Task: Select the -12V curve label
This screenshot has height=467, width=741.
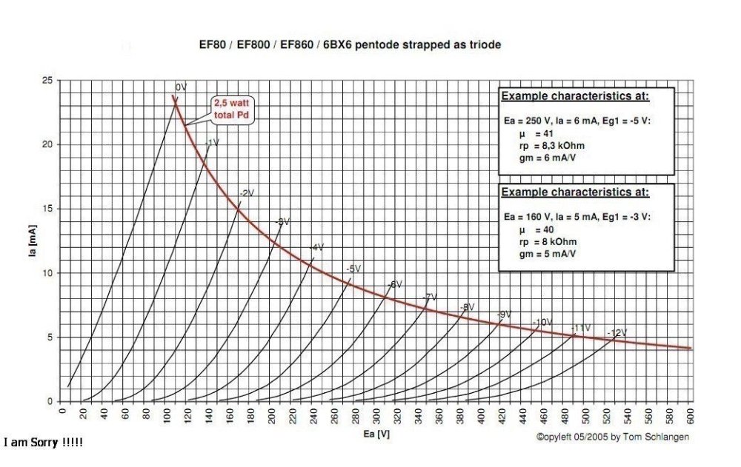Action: click(617, 333)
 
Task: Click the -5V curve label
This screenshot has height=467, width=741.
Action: click(353, 269)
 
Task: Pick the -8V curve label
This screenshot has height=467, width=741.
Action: click(466, 306)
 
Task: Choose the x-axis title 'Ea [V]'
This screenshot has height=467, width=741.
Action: click(375, 437)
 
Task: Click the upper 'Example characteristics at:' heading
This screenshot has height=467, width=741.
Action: click(575, 96)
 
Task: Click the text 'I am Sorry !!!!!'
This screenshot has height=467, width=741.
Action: click(43, 443)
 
